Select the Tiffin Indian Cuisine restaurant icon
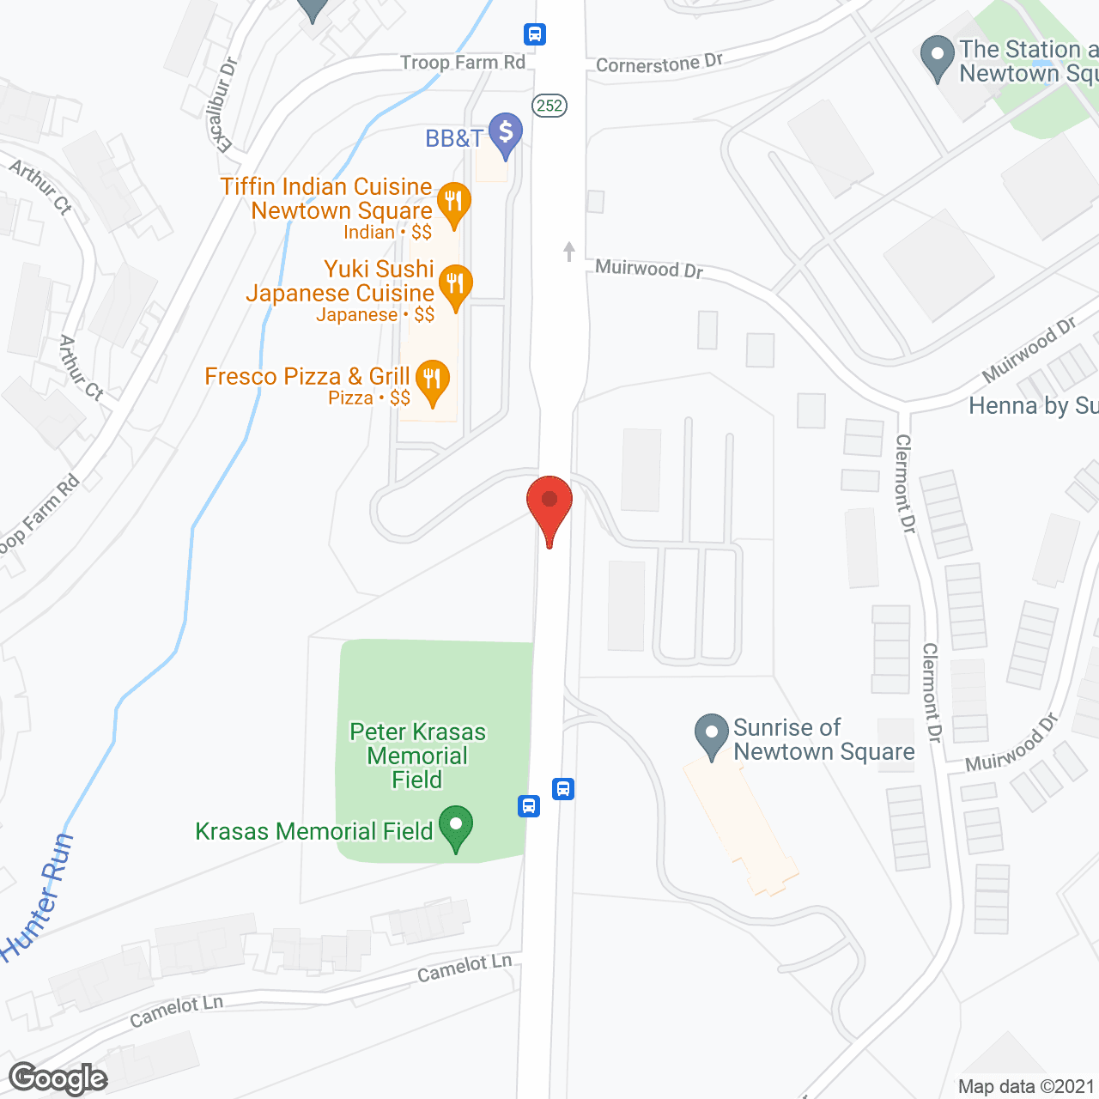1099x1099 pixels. [454, 203]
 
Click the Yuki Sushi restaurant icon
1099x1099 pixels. [456, 284]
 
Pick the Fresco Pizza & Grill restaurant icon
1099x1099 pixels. [433, 380]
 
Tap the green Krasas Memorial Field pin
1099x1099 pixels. [456, 827]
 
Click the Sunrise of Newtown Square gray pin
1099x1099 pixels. [712, 735]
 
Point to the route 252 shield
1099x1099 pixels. [549, 106]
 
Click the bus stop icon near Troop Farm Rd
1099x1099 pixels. [535, 34]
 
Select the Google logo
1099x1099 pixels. [58, 1078]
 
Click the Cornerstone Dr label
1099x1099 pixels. [659, 63]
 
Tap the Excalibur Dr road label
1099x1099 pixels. [224, 105]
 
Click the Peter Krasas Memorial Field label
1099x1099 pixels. [417, 756]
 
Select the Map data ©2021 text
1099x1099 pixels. [1026, 1087]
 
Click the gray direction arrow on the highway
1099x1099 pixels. [568, 251]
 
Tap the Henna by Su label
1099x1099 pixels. [1033, 405]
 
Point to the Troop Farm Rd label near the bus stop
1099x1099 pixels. [463, 62]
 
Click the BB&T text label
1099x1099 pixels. [454, 138]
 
